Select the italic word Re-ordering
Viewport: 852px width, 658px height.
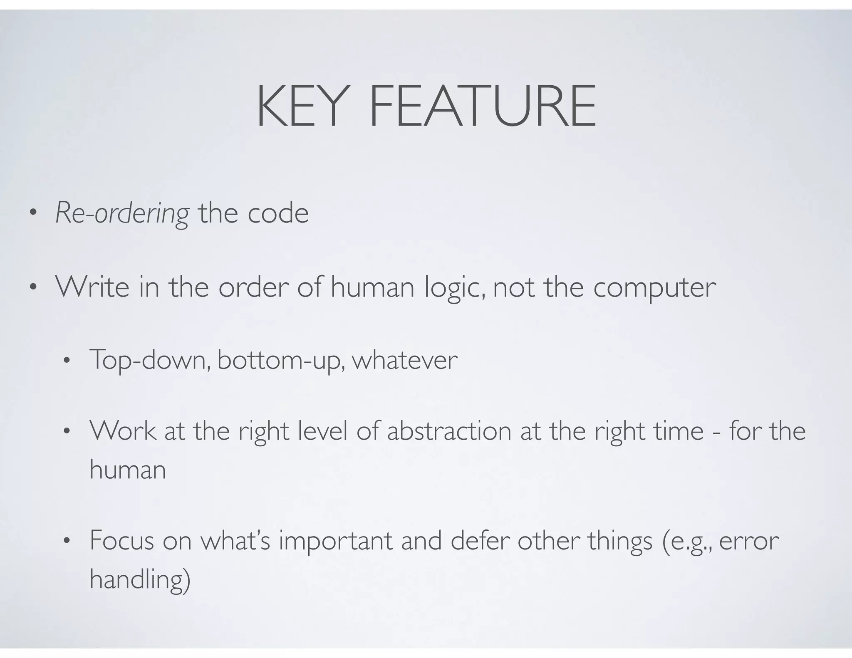coord(122,213)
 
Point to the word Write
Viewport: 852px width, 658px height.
coord(92,287)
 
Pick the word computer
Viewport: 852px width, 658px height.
coord(654,288)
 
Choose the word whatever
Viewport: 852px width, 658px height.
coord(404,360)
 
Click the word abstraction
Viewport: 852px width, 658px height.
coord(449,431)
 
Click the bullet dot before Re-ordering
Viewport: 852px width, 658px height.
coord(33,215)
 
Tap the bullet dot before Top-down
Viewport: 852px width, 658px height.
coord(67,361)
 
